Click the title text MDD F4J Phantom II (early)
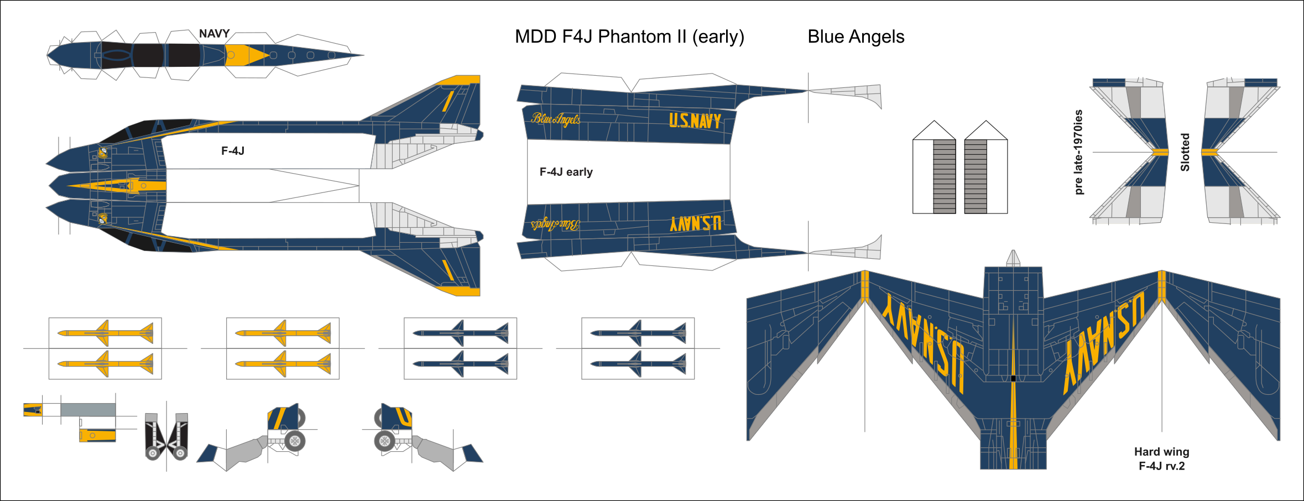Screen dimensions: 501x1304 629,37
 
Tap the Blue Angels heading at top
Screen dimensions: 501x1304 856,37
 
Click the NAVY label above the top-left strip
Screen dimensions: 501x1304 214,34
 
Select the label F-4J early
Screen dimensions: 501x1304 566,172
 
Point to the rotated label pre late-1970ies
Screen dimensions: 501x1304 1078,152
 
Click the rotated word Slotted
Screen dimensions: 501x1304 1185,152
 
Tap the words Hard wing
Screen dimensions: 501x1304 1161,452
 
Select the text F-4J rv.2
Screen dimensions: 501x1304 1161,466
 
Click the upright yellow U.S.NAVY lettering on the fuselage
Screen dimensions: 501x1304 695,121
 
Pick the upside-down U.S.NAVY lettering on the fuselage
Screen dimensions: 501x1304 695,223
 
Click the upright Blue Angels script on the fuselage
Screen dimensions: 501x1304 555,119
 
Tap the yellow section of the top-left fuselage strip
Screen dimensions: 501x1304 243,55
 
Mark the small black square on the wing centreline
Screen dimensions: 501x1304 1013,378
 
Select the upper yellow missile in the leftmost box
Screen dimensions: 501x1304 105,333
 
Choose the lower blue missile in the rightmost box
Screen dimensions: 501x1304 638,363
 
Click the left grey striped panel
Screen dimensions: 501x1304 944,176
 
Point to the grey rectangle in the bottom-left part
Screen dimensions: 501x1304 88,410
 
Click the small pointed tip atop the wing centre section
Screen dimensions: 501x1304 1013,258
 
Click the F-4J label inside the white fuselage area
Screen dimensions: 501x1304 232,151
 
